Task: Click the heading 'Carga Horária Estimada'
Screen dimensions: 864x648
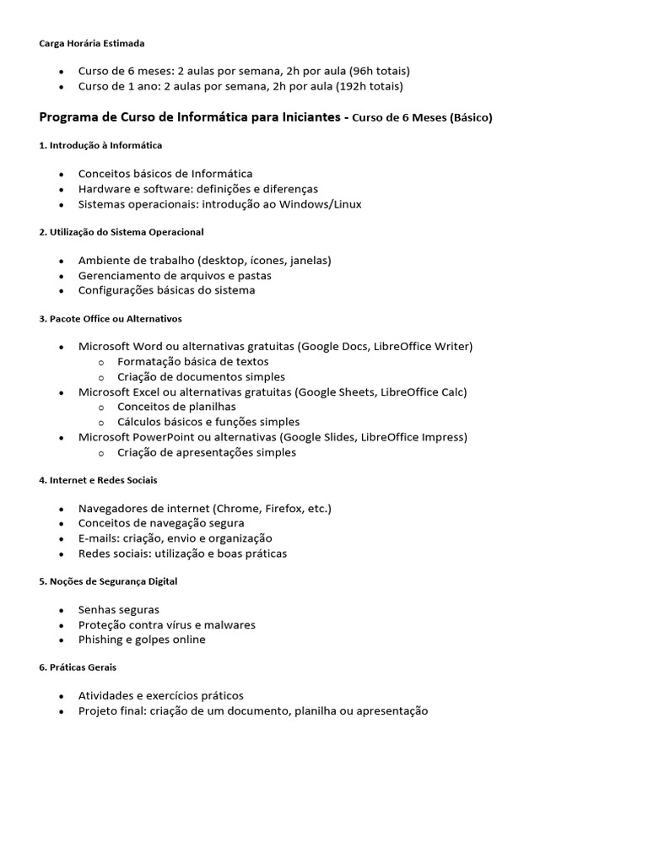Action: (92, 43)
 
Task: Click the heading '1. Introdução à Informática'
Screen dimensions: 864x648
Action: (100, 145)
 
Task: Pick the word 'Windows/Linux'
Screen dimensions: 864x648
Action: (324, 204)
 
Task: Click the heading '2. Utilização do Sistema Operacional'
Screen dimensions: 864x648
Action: (121, 231)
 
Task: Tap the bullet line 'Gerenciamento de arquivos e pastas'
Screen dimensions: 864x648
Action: (175, 275)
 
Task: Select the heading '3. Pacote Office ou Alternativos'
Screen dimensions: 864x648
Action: (111, 319)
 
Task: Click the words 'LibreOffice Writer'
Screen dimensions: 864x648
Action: (420, 347)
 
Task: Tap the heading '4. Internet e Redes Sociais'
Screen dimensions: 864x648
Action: (98, 480)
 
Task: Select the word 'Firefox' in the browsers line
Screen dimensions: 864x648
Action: (285, 509)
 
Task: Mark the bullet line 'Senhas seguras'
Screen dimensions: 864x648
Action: (119, 610)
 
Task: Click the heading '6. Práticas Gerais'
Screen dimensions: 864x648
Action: (78, 667)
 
